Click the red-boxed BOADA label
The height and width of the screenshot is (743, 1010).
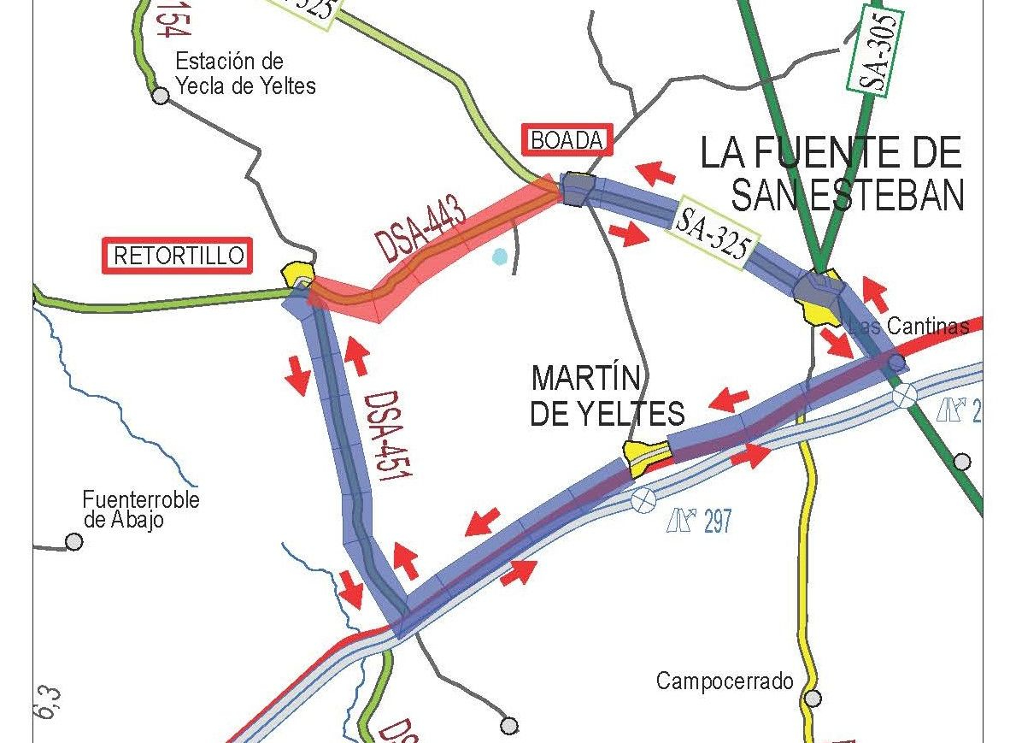[x=567, y=140]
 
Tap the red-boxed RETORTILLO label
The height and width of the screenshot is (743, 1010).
[x=179, y=256]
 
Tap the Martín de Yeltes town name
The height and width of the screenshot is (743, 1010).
[x=607, y=396]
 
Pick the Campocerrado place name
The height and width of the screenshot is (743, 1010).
[x=725, y=681]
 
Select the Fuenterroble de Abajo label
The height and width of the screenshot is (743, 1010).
[x=140, y=510]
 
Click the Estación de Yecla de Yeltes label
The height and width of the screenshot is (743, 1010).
[x=244, y=74]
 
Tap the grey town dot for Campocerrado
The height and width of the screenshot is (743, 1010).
[x=813, y=698]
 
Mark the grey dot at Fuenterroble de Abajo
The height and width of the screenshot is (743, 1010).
[x=74, y=541]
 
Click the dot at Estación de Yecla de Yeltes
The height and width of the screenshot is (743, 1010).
[x=161, y=96]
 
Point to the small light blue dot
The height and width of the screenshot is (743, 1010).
[x=500, y=255]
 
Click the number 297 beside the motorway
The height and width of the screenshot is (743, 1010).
[x=718, y=521]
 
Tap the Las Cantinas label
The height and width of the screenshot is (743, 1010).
[x=913, y=326]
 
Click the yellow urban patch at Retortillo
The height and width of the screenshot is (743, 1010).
[x=298, y=273]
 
